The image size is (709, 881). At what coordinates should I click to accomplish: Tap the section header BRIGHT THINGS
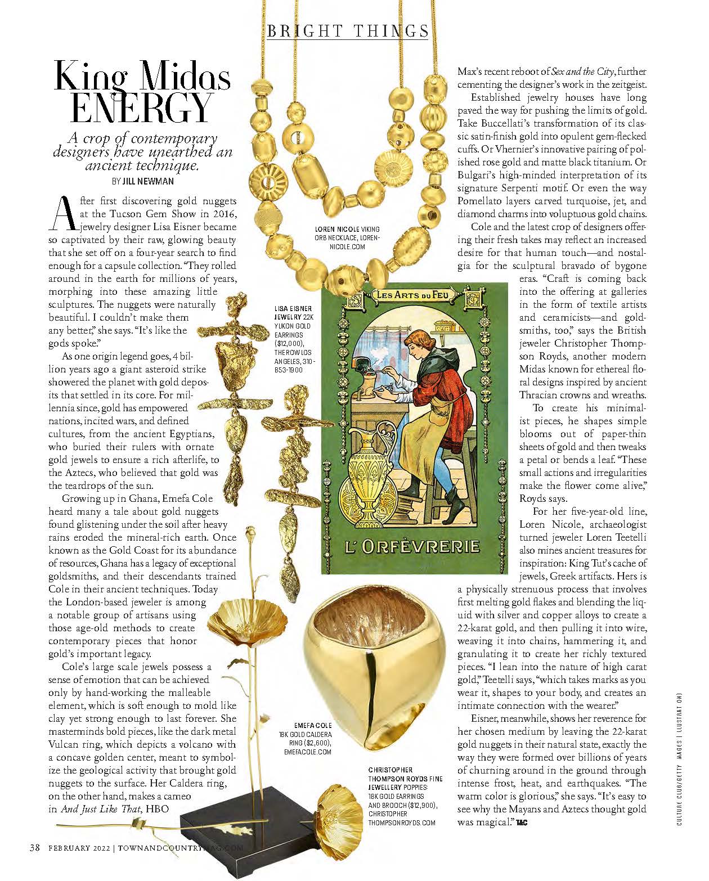pos(347,31)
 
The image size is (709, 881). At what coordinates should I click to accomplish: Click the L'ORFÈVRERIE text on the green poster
pos(412,546)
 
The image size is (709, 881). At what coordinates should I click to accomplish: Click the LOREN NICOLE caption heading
pos(347,229)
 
